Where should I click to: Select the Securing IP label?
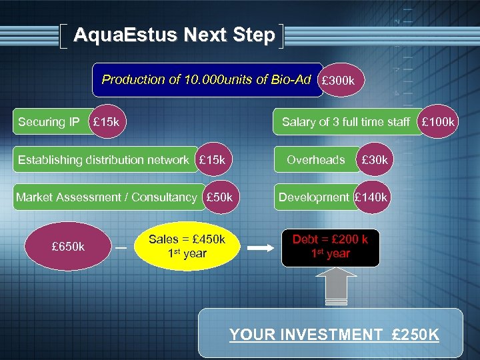(49, 122)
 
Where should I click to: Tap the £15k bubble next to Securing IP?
(107, 122)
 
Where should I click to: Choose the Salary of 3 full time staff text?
(345, 122)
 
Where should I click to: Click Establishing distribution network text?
(103, 160)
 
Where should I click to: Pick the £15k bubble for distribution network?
(213, 160)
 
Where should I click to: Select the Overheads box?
(316, 160)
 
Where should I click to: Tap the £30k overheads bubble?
(375, 160)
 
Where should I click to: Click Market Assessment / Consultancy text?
(106, 197)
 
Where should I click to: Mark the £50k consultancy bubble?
(219, 197)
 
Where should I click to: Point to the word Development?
(313, 197)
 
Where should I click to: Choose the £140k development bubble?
(371, 197)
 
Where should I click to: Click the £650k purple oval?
(67, 247)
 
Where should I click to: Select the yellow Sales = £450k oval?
(187, 247)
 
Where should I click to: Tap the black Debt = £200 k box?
(330, 247)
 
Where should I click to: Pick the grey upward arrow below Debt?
(330, 288)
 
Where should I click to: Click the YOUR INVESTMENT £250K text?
(334, 335)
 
